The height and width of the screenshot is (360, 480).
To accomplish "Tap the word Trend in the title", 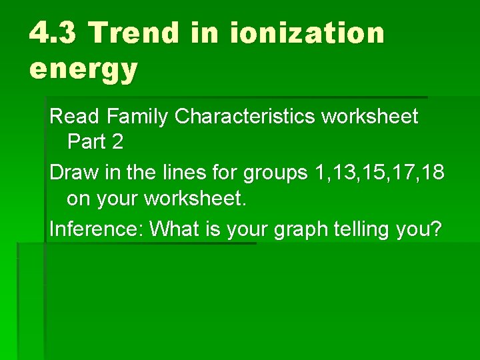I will point(134,32).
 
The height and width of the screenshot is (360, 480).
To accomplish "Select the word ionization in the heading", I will point(307,32).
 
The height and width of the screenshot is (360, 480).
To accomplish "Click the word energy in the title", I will point(83,68).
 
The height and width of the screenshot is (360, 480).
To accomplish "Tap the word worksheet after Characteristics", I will point(370,117).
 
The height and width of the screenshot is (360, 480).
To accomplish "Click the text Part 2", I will point(95,142).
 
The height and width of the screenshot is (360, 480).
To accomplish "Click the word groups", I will point(273,173).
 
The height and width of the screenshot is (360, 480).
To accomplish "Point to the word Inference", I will point(97,229).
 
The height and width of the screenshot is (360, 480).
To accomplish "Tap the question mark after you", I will point(436,229).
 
